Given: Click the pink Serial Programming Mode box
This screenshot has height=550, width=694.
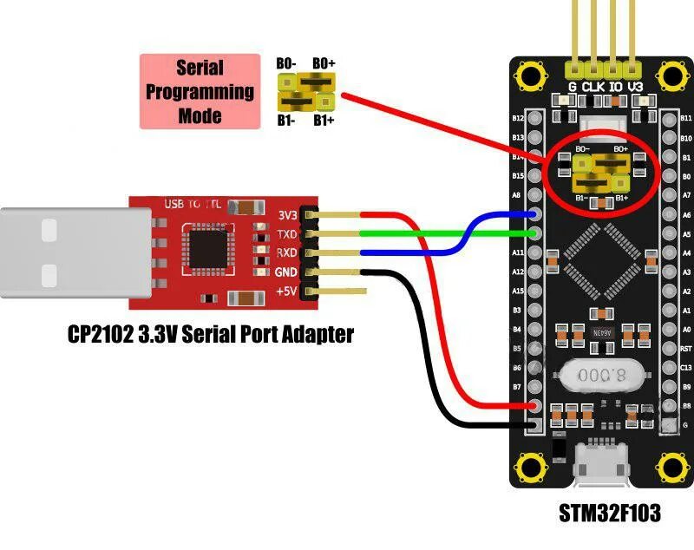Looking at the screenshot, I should tap(200, 91).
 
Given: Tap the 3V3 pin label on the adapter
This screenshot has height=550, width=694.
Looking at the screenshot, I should tap(286, 215).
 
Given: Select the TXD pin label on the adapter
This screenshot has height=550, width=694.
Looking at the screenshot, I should tap(286, 234).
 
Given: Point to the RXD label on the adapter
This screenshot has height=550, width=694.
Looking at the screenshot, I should tap(286, 252).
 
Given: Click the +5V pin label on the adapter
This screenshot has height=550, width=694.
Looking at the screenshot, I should tap(286, 291).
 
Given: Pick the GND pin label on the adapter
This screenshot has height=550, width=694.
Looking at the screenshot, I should tap(286, 272).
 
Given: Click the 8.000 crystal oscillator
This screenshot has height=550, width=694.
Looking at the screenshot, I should tap(604, 376).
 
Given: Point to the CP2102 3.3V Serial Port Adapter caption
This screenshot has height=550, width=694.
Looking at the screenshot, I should tap(211, 334).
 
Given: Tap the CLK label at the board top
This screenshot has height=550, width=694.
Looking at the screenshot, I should tap(593, 87).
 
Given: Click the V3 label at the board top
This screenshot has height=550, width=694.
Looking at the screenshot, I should tap(636, 87).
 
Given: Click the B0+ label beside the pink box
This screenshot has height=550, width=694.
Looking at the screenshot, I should tap(324, 63).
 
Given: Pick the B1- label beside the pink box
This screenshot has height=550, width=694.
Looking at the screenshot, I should tap(286, 121).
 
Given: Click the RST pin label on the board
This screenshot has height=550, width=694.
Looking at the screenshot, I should tap(686, 349).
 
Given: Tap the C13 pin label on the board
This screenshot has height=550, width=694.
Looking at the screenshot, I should tap(686, 368).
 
